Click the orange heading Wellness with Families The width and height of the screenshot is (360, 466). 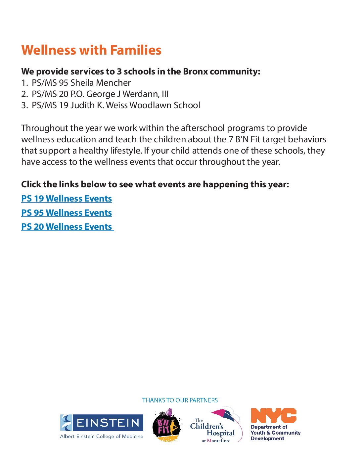(91, 50)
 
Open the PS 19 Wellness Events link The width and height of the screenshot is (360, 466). (67, 199)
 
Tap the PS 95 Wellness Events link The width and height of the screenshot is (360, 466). (67, 213)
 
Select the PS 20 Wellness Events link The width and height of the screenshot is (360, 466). (67, 227)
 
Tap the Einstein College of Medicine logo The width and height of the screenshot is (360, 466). (102, 427)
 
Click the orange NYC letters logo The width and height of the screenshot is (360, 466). (274, 416)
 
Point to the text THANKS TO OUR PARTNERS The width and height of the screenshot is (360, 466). (180, 400)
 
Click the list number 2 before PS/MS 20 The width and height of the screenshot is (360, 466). (24, 94)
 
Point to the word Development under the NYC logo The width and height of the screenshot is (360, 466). (267, 439)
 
